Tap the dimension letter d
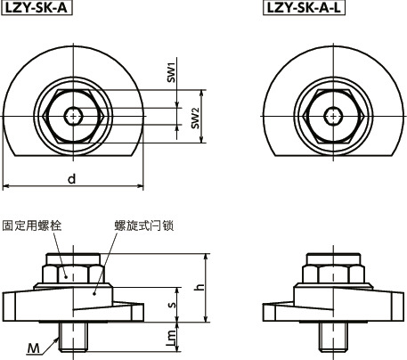72,178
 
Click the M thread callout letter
33,348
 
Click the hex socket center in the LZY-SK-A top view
73,115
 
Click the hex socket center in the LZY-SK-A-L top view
333,115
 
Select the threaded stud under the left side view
72,336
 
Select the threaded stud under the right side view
333,336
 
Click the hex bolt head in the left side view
73,269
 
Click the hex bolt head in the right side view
333,269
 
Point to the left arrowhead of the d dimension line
5,187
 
